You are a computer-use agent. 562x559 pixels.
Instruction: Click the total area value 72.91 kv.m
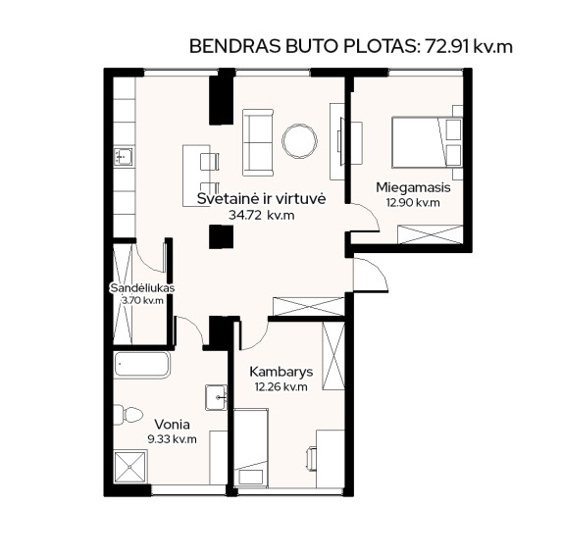(x=469, y=47)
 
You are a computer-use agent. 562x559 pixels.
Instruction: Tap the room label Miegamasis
(x=413, y=187)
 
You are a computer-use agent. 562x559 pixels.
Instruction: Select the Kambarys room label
(x=281, y=372)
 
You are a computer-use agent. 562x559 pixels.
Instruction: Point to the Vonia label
(x=172, y=425)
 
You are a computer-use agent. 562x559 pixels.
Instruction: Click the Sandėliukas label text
(x=142, y=287)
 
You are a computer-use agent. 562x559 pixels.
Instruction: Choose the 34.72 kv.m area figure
(x=262, y=215)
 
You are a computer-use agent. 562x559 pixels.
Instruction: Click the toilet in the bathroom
(x=128, y=415)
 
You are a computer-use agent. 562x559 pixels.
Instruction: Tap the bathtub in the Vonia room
(x=142, y=365)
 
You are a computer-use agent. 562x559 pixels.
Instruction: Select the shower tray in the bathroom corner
(x=129, y=468)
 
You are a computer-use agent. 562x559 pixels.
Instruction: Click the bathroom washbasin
(x=216, y=397)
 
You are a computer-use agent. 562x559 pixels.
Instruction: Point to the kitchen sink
(x=124, y=157)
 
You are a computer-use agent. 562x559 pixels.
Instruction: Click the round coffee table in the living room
(x=300, y=141)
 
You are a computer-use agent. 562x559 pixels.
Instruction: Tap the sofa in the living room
(x=258, y=142)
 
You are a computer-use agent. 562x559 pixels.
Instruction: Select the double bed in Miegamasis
(x=427, y=142)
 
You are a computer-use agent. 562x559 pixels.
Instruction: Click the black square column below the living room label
(x=221, y=236)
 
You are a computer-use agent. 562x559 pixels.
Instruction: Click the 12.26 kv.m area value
(x=281, y=387)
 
